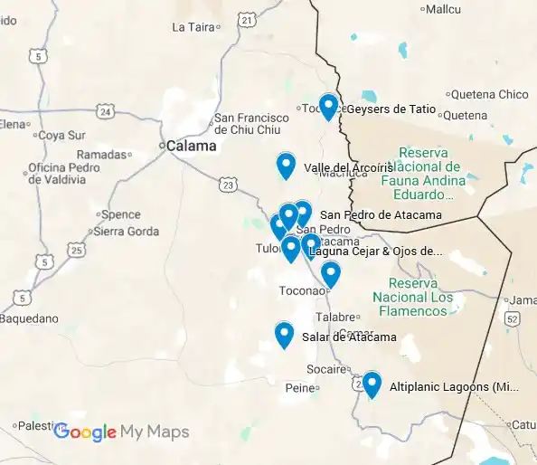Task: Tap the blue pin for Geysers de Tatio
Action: pos(328,107)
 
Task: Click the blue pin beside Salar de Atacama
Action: pos(284,335)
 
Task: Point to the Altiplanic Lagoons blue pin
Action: pos(371,384)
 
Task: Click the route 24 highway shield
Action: pos(108,112)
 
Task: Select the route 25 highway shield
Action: pos(77,250)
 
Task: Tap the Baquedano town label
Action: pos(30,318)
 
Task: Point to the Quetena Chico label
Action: pos(489,94)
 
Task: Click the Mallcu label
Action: pos(444,9)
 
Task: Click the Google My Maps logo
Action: pos(121,432)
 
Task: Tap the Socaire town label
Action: pos(326,369)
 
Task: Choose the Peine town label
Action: pos(297,387)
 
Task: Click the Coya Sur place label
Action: pos(62,136)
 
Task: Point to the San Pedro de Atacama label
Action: pos(381,214)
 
